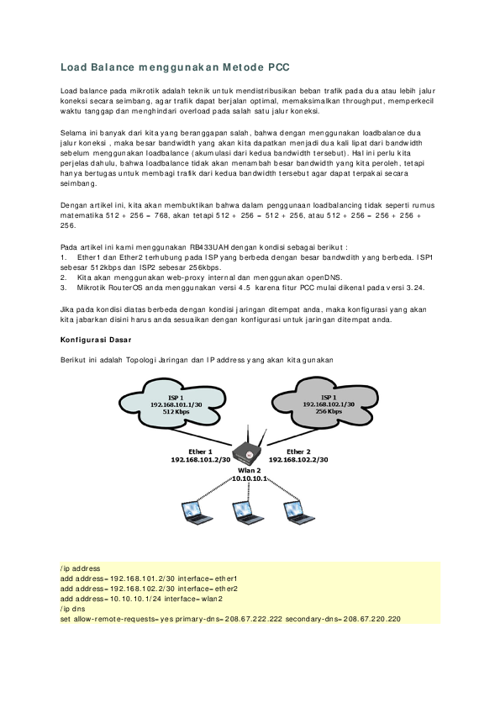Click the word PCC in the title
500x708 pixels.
(277, 65)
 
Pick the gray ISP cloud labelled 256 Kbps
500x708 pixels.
(329, 404)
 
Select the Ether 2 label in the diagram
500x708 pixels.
(298, 452)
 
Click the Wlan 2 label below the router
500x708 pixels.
(249, 470)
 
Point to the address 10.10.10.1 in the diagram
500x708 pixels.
(249, 478)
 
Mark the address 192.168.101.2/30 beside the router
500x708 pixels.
(200, 460)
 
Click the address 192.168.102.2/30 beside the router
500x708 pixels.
(298, 460)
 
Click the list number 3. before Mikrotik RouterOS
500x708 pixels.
(64, 287)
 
